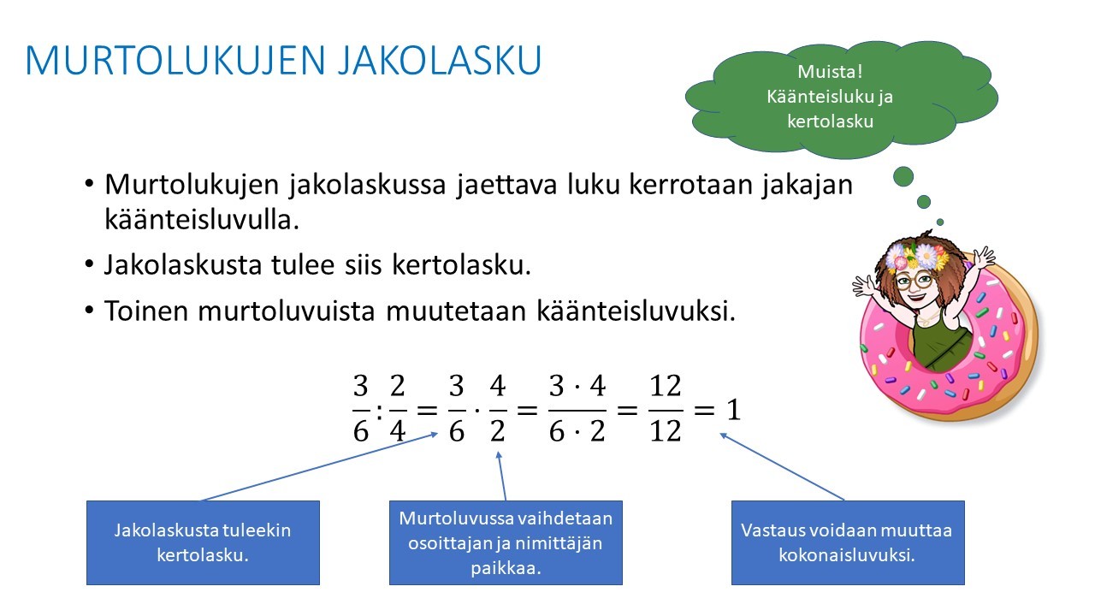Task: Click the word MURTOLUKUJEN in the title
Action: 175,60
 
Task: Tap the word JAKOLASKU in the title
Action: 440,60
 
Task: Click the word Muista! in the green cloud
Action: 830,71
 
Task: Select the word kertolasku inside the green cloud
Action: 830,121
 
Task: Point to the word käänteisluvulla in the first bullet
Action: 202,219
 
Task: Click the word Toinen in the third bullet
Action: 146,311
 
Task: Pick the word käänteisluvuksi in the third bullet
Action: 636,311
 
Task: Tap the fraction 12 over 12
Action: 666,409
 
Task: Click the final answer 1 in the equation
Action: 733,410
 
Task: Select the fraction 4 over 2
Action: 498,409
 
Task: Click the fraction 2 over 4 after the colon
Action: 398,409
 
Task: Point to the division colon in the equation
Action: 379,412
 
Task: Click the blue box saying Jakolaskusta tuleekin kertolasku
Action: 203,542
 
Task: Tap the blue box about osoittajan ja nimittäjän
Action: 506,542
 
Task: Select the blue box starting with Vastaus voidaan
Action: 848,542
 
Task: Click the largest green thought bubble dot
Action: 903,176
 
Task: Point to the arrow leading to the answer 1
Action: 782,467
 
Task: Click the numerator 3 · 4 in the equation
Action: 577,386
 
